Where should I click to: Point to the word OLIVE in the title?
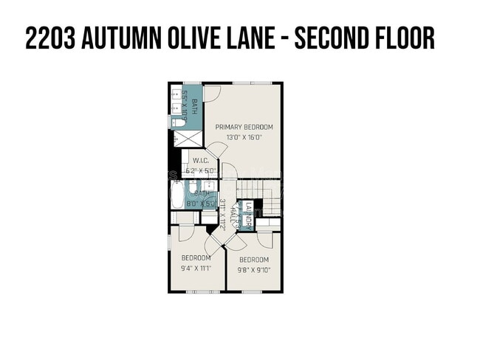coord(201,38)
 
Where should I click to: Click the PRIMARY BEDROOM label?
coord(244,127)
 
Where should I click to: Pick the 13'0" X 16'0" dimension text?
coord(244,137)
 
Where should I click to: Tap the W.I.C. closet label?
coord(200,161)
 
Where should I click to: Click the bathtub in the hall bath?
coord(177,195)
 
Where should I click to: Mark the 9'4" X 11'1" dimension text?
coord(196,269)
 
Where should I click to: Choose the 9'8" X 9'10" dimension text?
coord(253,270)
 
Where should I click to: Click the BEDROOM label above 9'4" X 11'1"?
coord(196,257)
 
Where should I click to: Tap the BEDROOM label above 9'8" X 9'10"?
coord(253,260)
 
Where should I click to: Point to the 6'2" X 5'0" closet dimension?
coord(199,170)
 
